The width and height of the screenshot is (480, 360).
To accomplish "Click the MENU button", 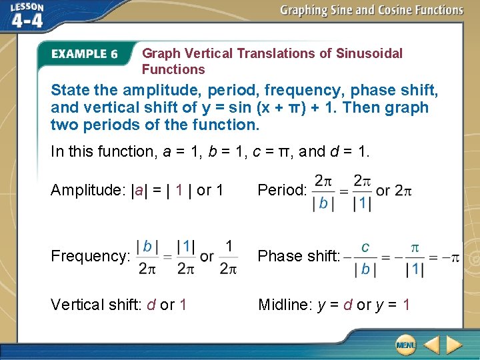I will point(405,345).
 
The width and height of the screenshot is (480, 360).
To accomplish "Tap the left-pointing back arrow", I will point(431,345).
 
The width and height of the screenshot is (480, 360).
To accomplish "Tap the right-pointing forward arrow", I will point(454,345).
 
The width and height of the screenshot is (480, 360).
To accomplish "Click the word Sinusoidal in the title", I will point(371,53).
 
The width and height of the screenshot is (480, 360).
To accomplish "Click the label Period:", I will point(282,190).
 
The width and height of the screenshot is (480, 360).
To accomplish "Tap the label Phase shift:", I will point(299,256).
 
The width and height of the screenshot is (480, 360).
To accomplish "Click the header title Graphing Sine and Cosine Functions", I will point(371,10).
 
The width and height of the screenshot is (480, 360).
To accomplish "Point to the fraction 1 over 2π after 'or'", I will point(228,257).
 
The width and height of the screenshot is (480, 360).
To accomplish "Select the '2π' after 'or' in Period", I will point(403,190).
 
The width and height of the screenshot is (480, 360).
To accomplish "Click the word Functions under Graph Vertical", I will point(173,69).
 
